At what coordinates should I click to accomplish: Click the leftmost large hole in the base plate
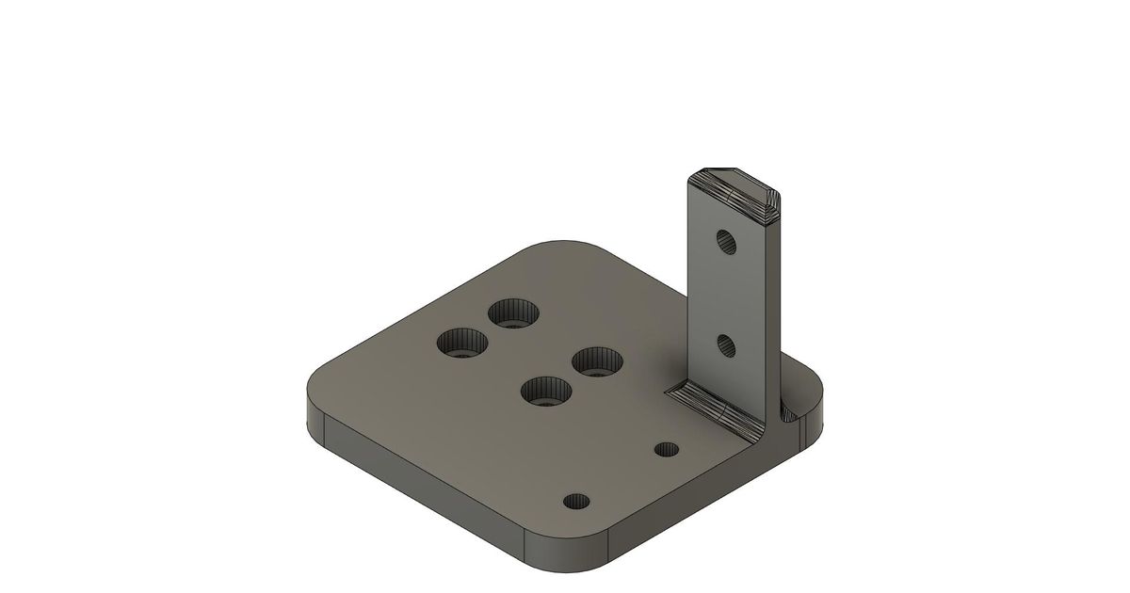point(462,342)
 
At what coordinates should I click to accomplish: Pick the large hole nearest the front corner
point(546,390)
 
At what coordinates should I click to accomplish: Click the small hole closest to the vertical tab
point(668,448)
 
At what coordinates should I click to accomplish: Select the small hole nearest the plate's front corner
point(574,500)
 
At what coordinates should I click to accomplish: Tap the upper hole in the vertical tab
point(727,242)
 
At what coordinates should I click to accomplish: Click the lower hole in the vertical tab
point(726,345)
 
